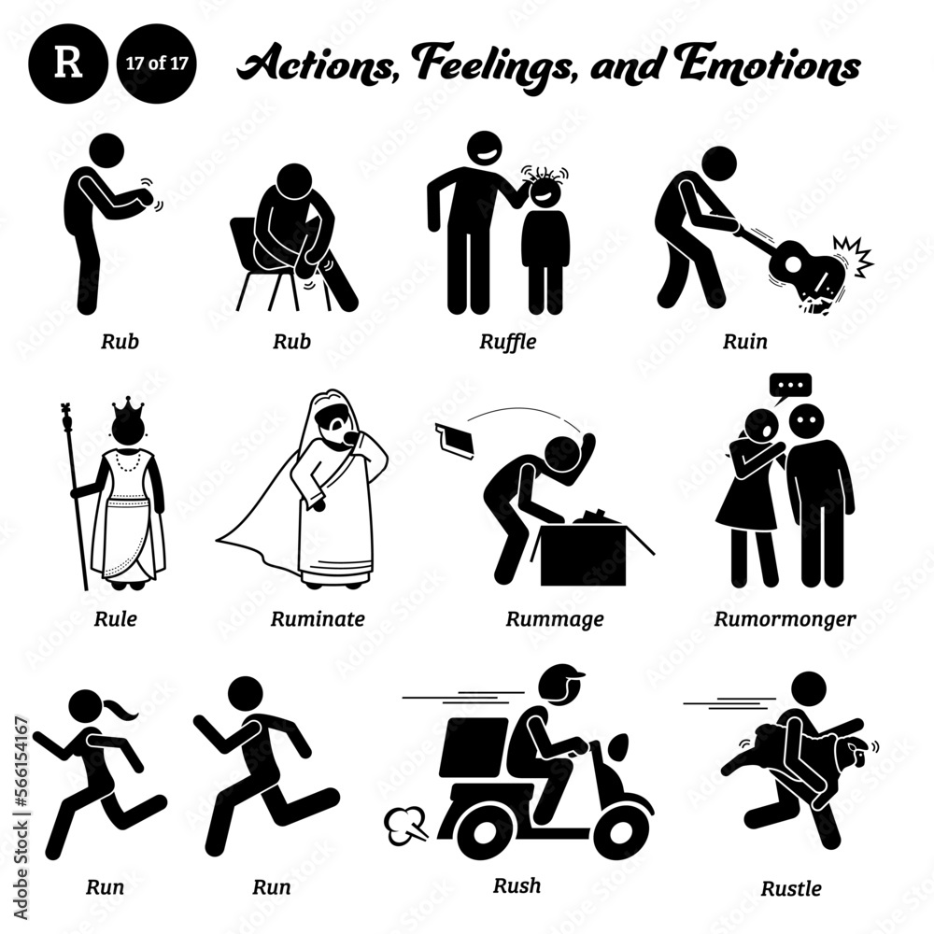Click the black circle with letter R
pos(68,66)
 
